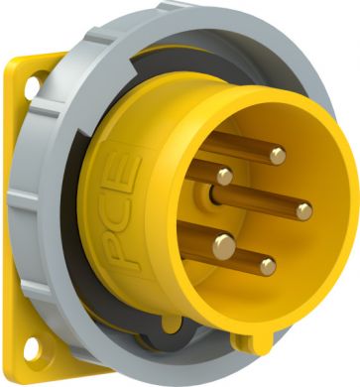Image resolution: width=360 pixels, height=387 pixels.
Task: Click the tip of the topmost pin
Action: pos(278,155)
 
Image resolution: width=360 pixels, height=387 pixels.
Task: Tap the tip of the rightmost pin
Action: pos(303,210)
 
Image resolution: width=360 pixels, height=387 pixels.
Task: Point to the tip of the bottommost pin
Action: pos(267,265)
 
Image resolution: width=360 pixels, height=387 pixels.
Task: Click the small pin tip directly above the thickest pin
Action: pos(225,177)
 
